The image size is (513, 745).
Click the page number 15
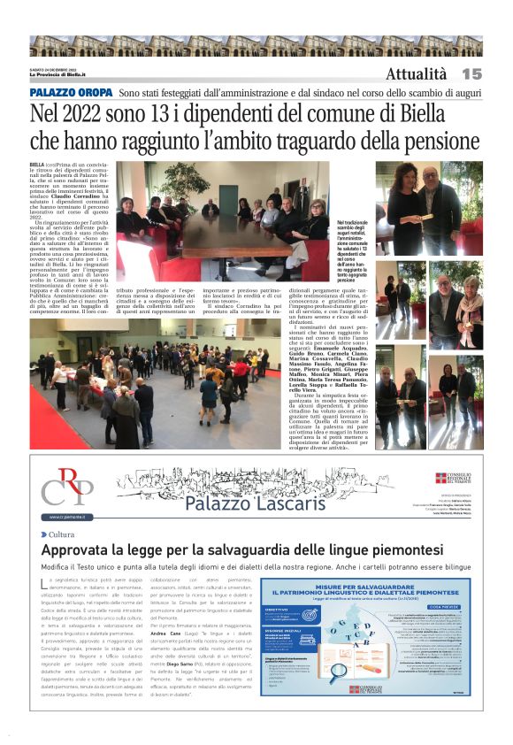tap(471, 73)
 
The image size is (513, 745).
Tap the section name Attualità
tap(416, 73)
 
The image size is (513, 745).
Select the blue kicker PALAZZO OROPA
tap(71, 92)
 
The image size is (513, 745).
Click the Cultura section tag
tap(61, 534)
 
